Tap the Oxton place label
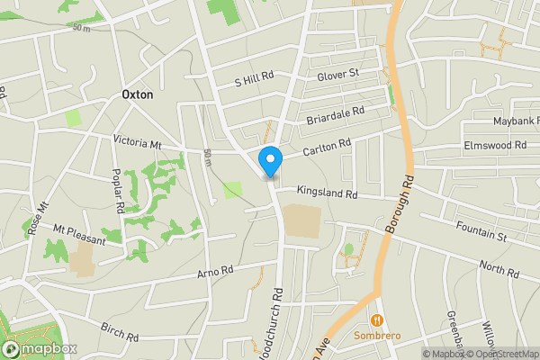tap(137, 94)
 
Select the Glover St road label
tap(337, 74)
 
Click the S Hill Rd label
tap(253, 79)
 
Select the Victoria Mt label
tap(137, 143)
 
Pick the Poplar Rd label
tap(117, 190)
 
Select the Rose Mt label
tap(37, 216)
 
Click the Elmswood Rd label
tap(494, 145)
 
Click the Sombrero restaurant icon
tap(377, 320)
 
